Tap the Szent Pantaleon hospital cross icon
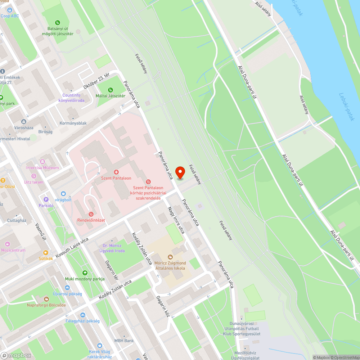(x=116, y=172)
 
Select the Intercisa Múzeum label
(x=42, y=168)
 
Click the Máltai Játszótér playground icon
(x=110, y=90)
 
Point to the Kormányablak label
(x=73, y=123)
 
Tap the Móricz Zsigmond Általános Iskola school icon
(x=170, y=257)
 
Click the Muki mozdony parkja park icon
(x=85, y=273)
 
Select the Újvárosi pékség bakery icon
(x=67, y=288)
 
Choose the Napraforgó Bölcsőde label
(x=46, y=305)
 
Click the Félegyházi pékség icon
(x=82, y=315)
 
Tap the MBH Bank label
(x=124, y=341)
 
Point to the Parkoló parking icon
(x=46, y=199)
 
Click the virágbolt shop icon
(x=63, y=194)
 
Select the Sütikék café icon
(x=46, y=253)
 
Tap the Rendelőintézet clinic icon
(x=91, y=214)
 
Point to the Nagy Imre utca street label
(x=176, y=220)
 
